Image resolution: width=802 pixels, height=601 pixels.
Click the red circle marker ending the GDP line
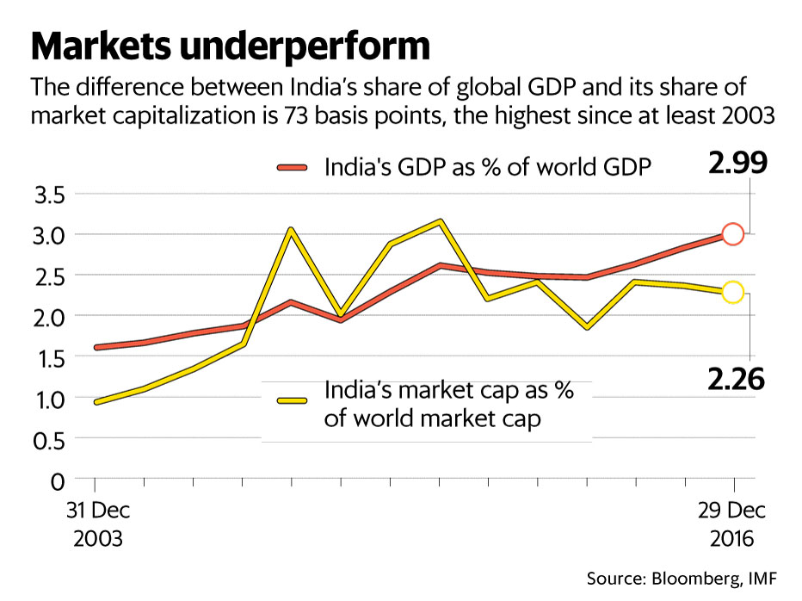click(x=732, y=233)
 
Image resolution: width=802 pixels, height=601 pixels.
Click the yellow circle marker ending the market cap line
click(x=732, y=293)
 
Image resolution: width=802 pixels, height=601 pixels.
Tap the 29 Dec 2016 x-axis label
click(x=733, y=524)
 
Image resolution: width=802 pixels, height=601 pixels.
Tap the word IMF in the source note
click(x=764, y=577)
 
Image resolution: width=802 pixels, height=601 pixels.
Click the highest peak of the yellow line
click(x=441, y=221)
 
